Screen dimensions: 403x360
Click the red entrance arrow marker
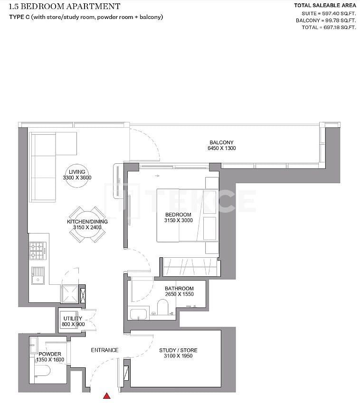107,395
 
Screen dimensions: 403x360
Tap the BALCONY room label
221,142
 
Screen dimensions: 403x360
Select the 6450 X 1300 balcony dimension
221,149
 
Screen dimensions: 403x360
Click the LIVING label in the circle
77,172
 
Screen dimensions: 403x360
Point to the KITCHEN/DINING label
87,222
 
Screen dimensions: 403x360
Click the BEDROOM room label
179,215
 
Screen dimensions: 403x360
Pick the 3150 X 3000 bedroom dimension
179,220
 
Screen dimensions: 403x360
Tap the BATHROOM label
179,289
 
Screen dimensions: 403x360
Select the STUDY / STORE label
178,350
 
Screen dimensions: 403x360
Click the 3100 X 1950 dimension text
178,356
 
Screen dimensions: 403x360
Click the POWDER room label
50,354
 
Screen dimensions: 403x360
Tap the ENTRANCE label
104,350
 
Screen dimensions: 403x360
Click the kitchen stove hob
38,251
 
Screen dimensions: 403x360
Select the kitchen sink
38,275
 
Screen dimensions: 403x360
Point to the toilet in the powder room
44,372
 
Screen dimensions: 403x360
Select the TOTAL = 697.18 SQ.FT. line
329,28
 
